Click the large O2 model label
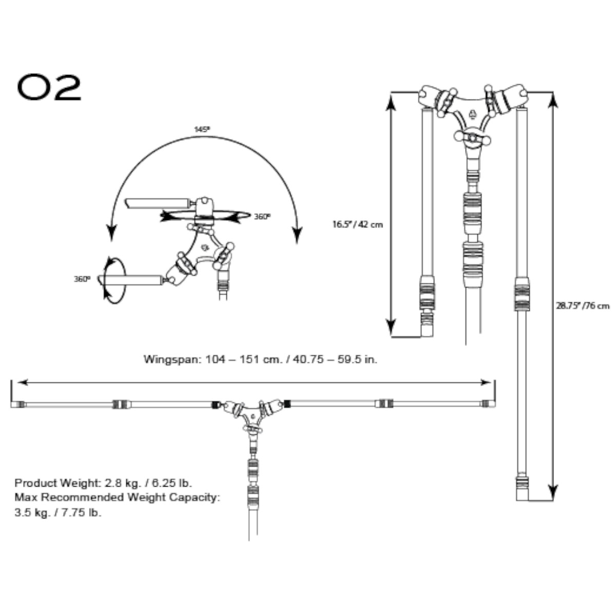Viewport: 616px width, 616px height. [49, 88]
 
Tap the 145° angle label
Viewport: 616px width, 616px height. [202, 130]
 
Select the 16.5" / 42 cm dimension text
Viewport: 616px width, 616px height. [357, 224]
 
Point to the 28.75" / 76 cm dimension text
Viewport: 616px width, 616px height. [583, 306]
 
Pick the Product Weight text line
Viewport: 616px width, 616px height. [103, 483]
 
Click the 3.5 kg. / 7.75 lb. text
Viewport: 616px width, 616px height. [58, 512]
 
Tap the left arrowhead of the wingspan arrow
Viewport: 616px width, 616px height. [22, 382]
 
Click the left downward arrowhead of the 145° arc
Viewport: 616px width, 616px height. [110, 234]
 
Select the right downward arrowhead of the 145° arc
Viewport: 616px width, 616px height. [296, 236]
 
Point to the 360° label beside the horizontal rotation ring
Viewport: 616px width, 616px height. [262, 217]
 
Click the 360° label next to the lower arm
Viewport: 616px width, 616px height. [82, 279]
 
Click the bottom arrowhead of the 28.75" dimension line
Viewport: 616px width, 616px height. [552, 492]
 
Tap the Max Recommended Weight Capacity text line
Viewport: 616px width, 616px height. [117, 497]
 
